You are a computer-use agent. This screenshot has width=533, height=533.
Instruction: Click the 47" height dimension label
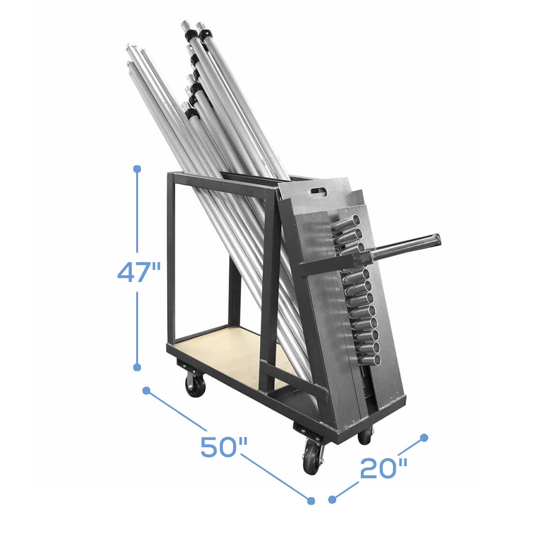point(139,272)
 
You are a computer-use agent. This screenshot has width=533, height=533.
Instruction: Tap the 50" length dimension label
point(224,446)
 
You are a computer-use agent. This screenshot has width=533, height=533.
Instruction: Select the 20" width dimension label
point(383,468)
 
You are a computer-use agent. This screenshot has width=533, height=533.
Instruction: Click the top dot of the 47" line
point(137,169)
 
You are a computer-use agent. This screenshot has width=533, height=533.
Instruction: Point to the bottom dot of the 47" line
point(137,367)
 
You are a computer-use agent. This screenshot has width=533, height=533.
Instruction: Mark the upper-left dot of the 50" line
point(146,391)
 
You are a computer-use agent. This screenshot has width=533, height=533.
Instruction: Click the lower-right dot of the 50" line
point(311,501)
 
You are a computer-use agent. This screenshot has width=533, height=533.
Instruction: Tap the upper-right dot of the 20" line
point(424,438)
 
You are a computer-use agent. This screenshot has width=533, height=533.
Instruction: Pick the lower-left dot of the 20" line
point(332,500)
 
